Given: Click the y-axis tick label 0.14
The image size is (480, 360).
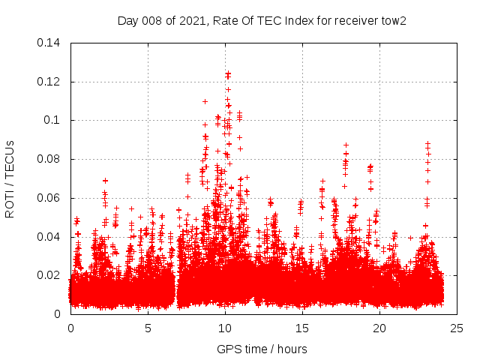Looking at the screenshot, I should (50, 42).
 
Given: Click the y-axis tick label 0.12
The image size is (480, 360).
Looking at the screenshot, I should (50, 81).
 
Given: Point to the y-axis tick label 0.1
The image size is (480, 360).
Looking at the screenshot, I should (53, 120).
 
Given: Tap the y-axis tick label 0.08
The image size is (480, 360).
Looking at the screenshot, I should (50, 159).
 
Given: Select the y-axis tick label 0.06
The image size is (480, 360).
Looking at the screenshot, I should (50, 198).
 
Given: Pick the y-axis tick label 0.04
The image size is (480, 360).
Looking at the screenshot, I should (50, 237).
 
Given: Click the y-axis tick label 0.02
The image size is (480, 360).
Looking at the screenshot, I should (50, 275).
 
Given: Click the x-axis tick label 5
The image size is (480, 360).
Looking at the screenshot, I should (148, 328).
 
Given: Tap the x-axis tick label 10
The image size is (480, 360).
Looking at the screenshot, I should (225, 328).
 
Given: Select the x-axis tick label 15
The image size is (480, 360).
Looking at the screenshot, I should (302, 328).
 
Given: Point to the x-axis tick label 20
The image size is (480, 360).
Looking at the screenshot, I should (379, 328).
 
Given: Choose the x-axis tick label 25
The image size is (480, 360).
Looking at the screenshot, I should (457, 328).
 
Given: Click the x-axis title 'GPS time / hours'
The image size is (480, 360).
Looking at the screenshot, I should (262, 349).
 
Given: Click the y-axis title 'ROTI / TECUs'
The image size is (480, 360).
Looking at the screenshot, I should (10, 178).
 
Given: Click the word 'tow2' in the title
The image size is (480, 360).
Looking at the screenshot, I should (393, 20).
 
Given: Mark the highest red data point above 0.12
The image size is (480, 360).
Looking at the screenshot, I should (228, 73).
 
